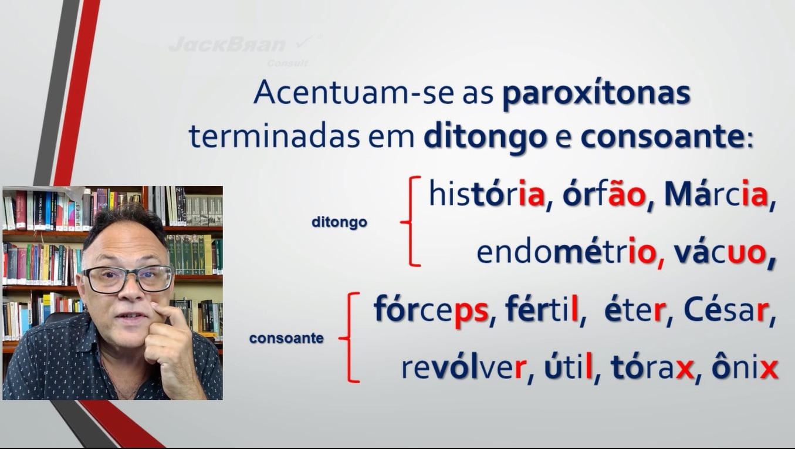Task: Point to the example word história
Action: pos(487,194)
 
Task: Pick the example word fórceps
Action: pos(431,310)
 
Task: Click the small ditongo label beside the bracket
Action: pos(339,222)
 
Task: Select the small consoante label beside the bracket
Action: pos(286,338)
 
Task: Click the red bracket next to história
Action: pos(410,221)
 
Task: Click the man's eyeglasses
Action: pos(128,279)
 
